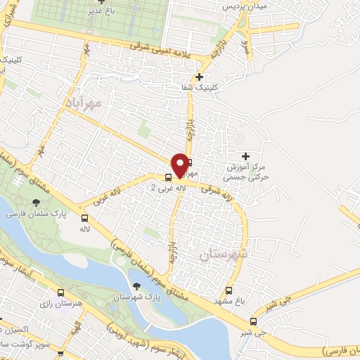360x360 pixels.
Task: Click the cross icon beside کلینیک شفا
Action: (x=200, y=77)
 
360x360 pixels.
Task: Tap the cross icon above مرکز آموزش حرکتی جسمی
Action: (x=245, y=155)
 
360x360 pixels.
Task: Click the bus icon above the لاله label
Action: (x=85, y=219)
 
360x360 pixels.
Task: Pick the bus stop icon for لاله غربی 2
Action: (x=169, y=177)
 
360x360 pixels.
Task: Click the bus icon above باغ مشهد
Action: (x=229, y=290)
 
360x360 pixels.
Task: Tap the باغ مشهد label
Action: (x=235, y=301)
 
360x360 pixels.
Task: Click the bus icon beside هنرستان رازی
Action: (x=60, y=293)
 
